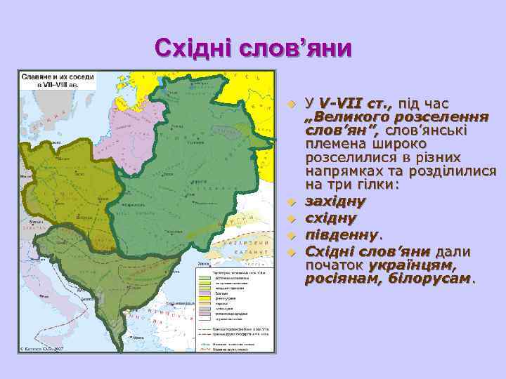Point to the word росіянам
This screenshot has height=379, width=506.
340,279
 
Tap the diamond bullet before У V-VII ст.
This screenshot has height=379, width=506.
294,105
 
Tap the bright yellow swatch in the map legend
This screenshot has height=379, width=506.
205,298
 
